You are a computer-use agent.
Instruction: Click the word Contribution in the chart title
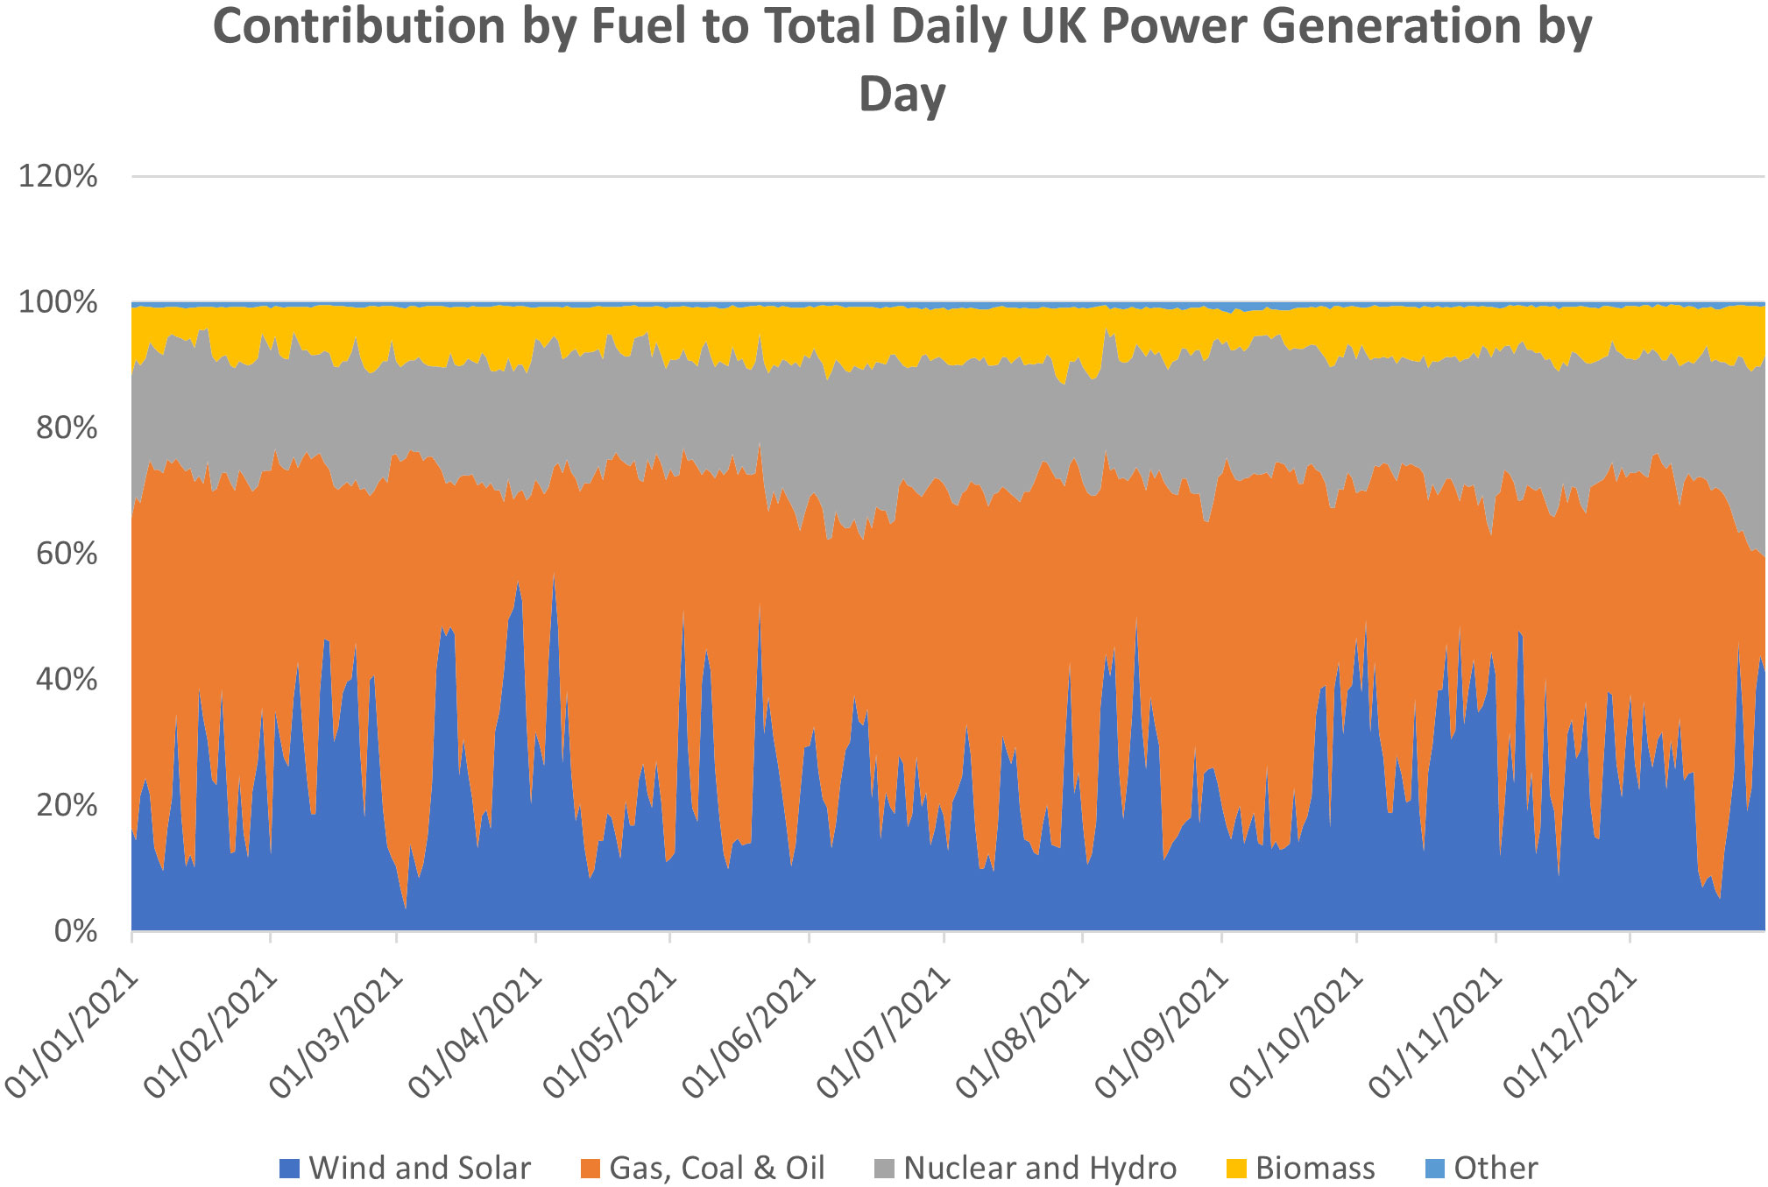click(x=359, y=26)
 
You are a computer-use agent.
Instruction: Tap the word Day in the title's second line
click(x=902, y=93)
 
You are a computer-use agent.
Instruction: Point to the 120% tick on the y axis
click(x=58, y=177)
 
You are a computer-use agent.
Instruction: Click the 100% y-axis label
click(x=58, y=303)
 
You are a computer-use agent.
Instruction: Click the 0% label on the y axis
click(x=74, y=931)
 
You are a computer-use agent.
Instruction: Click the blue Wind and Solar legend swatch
click(x=289, y=1169)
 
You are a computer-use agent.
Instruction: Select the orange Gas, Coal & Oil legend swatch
click(x=591, y=1169)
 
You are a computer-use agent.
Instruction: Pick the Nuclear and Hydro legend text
click(x=1040, y=1169)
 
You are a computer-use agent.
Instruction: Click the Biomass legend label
click(x=1315, y=1169)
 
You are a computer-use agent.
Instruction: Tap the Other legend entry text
click(x=1496, y=1169)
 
